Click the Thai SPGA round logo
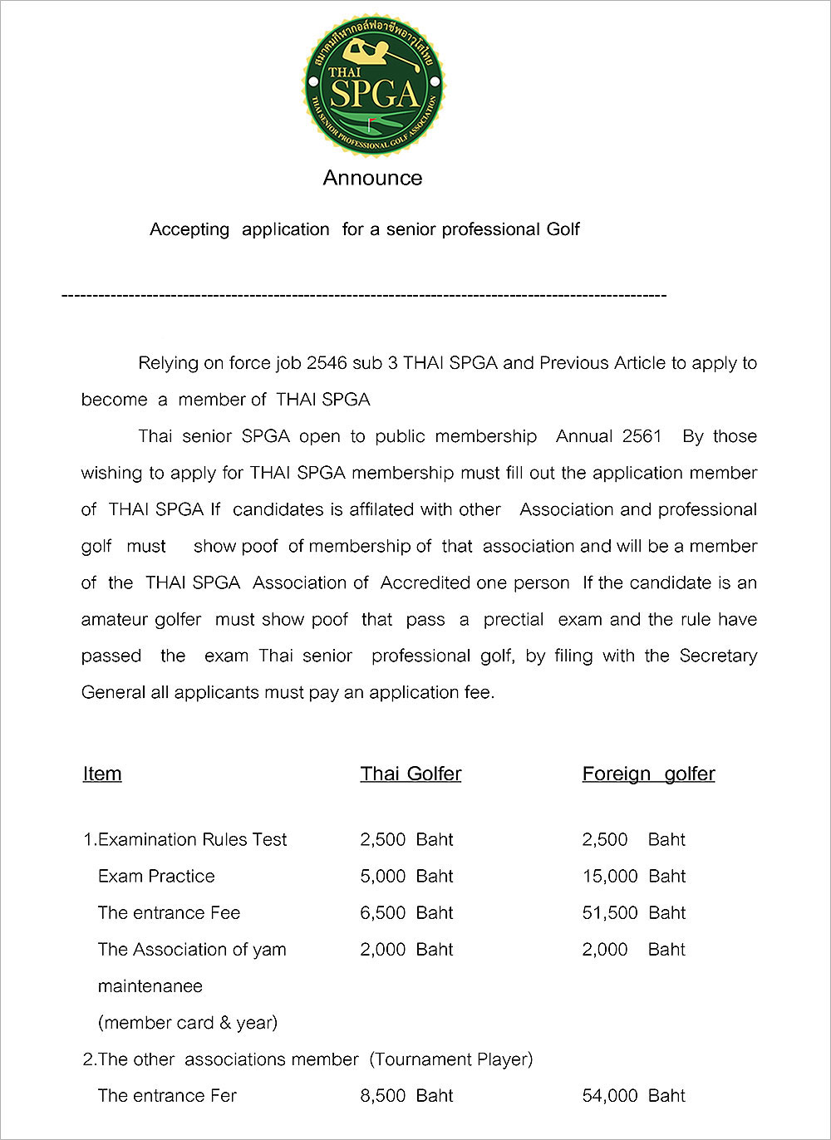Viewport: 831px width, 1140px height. tap(373, 84)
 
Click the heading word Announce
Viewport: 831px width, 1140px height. tap(372, 178)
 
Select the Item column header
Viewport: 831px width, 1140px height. tap(102, 774)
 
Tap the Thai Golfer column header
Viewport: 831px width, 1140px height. tap(411, 774)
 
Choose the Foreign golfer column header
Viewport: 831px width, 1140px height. tap(648, 774)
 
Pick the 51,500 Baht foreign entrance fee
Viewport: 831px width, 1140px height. tap(633, 912)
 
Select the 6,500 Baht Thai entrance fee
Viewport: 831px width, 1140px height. tap(406, 912)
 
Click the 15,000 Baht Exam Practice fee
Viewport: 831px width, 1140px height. tap(633, 876)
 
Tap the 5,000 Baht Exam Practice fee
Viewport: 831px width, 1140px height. tap(406, 876)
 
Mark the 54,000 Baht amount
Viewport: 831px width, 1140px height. tap(633, 1095)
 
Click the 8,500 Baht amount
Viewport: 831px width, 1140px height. tap(406, 1095)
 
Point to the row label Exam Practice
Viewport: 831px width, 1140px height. tap(156, 876)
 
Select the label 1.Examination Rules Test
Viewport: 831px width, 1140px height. tap(185, 839)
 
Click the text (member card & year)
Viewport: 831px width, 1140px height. tap(188, 1022)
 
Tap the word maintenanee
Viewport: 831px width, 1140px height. tap(150, 985)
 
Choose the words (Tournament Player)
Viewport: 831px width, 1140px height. tap(451, 1059)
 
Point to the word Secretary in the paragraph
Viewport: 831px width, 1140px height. tap(718, 656)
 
